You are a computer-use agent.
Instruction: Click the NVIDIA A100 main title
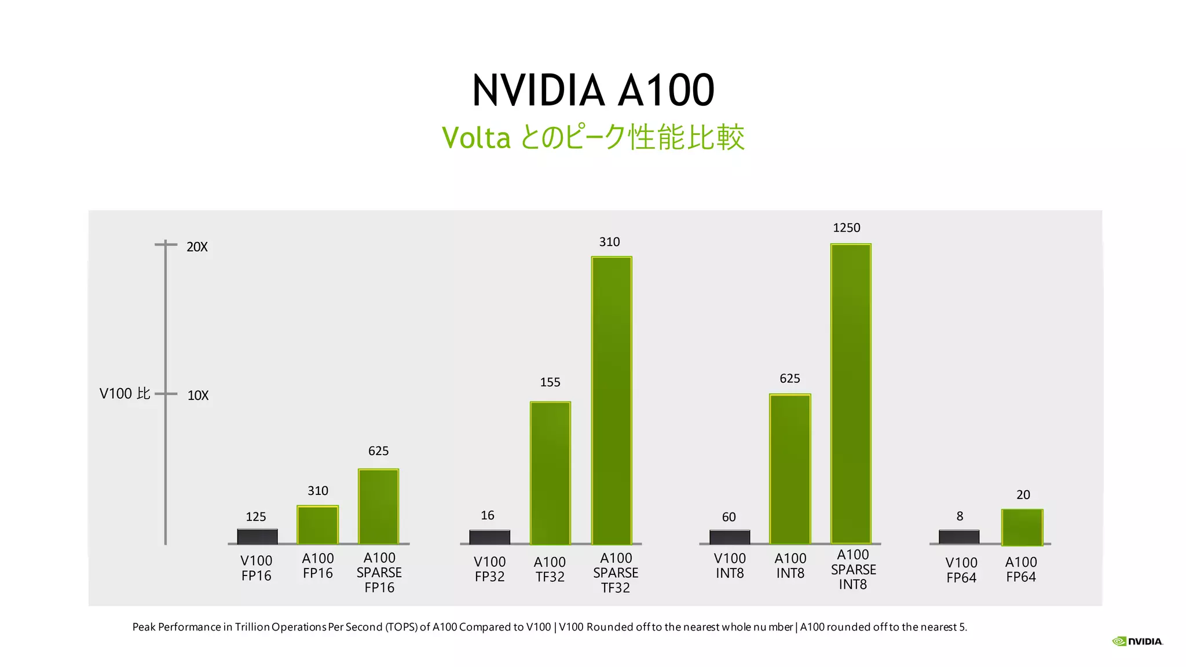593,91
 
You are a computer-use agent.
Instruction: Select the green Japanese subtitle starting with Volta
593,138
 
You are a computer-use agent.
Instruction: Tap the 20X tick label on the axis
197,247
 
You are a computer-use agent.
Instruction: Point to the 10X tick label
197,396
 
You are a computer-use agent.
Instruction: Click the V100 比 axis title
125,394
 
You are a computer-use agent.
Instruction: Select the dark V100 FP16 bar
257,537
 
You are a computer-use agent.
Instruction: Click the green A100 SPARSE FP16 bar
378,507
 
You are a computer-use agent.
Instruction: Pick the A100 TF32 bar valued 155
550,473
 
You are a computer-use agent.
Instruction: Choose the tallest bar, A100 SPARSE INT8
851,394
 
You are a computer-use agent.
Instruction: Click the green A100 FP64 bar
1022,527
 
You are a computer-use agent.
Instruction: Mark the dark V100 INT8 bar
730,537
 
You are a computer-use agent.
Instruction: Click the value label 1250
846,228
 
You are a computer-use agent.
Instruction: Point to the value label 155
550,382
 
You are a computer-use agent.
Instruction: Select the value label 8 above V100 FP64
960,516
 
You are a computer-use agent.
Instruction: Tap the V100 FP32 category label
489,569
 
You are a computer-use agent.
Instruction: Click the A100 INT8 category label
790,566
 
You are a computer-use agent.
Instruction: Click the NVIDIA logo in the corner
1137,641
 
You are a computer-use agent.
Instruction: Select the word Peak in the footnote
144,627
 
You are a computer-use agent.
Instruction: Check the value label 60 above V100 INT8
729,517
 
